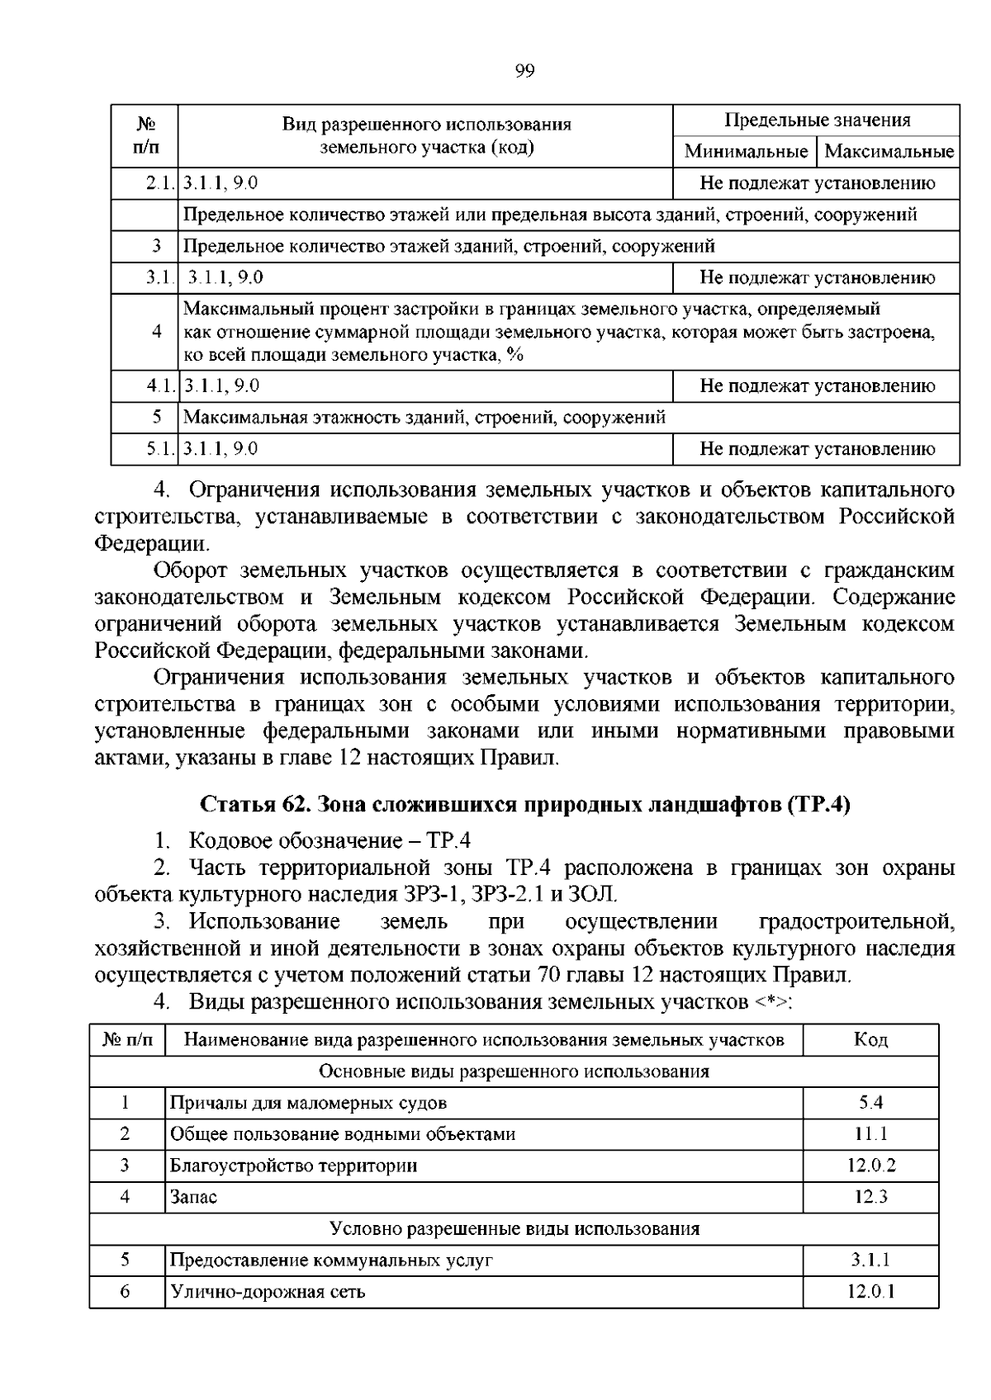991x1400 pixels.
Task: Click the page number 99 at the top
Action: pos(524,71)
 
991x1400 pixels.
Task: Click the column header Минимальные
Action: pos(746,151)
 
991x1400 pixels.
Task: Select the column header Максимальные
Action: pos(889,151)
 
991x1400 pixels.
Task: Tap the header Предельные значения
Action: pos(817,120)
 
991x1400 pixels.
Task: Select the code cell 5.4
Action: pos(870,1103)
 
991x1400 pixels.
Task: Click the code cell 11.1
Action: pos(870,1134)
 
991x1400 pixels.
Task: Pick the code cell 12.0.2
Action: pos(870,1166)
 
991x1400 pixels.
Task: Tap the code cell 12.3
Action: pos(870,1197)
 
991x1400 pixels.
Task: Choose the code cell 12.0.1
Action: pos(870,1292)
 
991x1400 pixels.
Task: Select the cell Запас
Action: pos(193,1197)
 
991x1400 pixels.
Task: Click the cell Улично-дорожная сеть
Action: pos(268,1292)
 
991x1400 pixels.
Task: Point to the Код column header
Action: pos(870,1040)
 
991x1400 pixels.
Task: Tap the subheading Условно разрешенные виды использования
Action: pos(514,1228)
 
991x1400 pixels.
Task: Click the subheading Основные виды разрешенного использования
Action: pos(514,1071)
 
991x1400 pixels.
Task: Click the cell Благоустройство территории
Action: pos(293,1166)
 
